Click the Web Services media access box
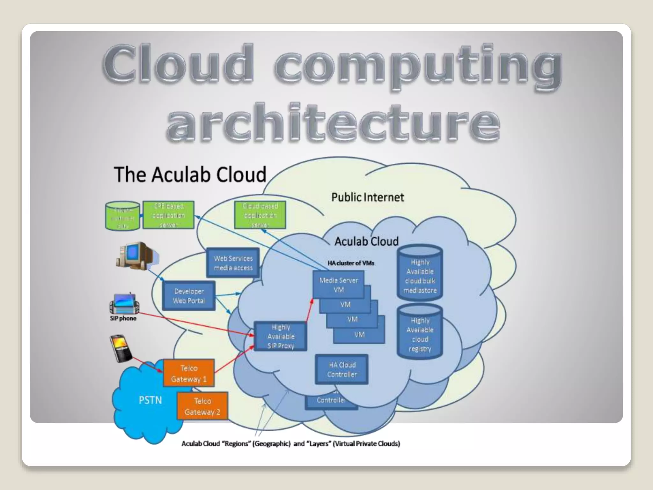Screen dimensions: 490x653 [x=233, y=263]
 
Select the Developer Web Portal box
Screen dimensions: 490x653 [x=189, y=296]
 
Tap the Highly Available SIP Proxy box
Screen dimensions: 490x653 [x=281, y=336]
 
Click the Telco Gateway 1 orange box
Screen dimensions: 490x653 [x=189, y=373]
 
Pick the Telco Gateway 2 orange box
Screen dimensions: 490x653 [x=202, y=406]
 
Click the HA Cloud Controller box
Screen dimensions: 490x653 [x=342, y=369]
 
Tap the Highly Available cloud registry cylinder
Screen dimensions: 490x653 [x=420, y=332]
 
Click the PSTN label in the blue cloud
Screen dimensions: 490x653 [x=150, y=400]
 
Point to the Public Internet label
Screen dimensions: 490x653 [x=368, y=197]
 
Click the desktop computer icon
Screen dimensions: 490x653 [x=136, y=256]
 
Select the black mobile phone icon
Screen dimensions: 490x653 [x=121, y=348]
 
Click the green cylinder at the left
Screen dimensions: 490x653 [x=122, y=215]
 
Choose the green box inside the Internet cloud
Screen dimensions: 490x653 [x=260, y=215]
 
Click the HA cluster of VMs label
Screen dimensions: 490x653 [x=351, y=263]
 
